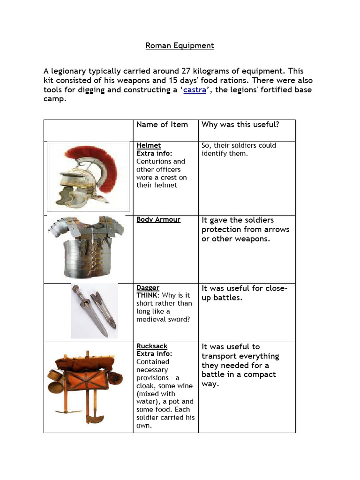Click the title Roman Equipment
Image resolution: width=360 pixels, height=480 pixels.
(x=180, y=45)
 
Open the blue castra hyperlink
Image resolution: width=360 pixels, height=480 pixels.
(x=195, y=90)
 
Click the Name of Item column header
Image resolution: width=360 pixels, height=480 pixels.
(x=162, y=125)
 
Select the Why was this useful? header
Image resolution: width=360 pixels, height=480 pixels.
(x=240, y=125)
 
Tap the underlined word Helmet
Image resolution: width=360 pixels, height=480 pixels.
(x=148, y=146)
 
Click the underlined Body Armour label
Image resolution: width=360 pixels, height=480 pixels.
(x=158, y=219)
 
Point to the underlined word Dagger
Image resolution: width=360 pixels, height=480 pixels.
(x=148, y=287)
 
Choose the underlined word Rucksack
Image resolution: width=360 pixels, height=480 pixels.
(x=152, y=346)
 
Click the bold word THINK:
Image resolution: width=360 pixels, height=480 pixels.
(x=148, y=295)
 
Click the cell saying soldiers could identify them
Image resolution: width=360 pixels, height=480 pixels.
(x=239, y=150)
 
